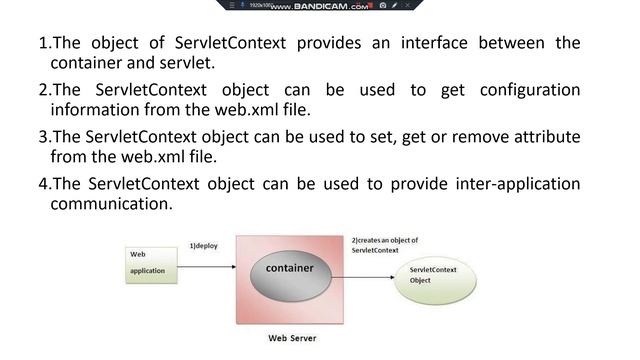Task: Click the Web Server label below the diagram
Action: point(292,338)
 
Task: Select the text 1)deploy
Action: point(204,245)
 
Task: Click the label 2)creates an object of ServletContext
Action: point(385,245)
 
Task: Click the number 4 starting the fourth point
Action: point(43,183)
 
